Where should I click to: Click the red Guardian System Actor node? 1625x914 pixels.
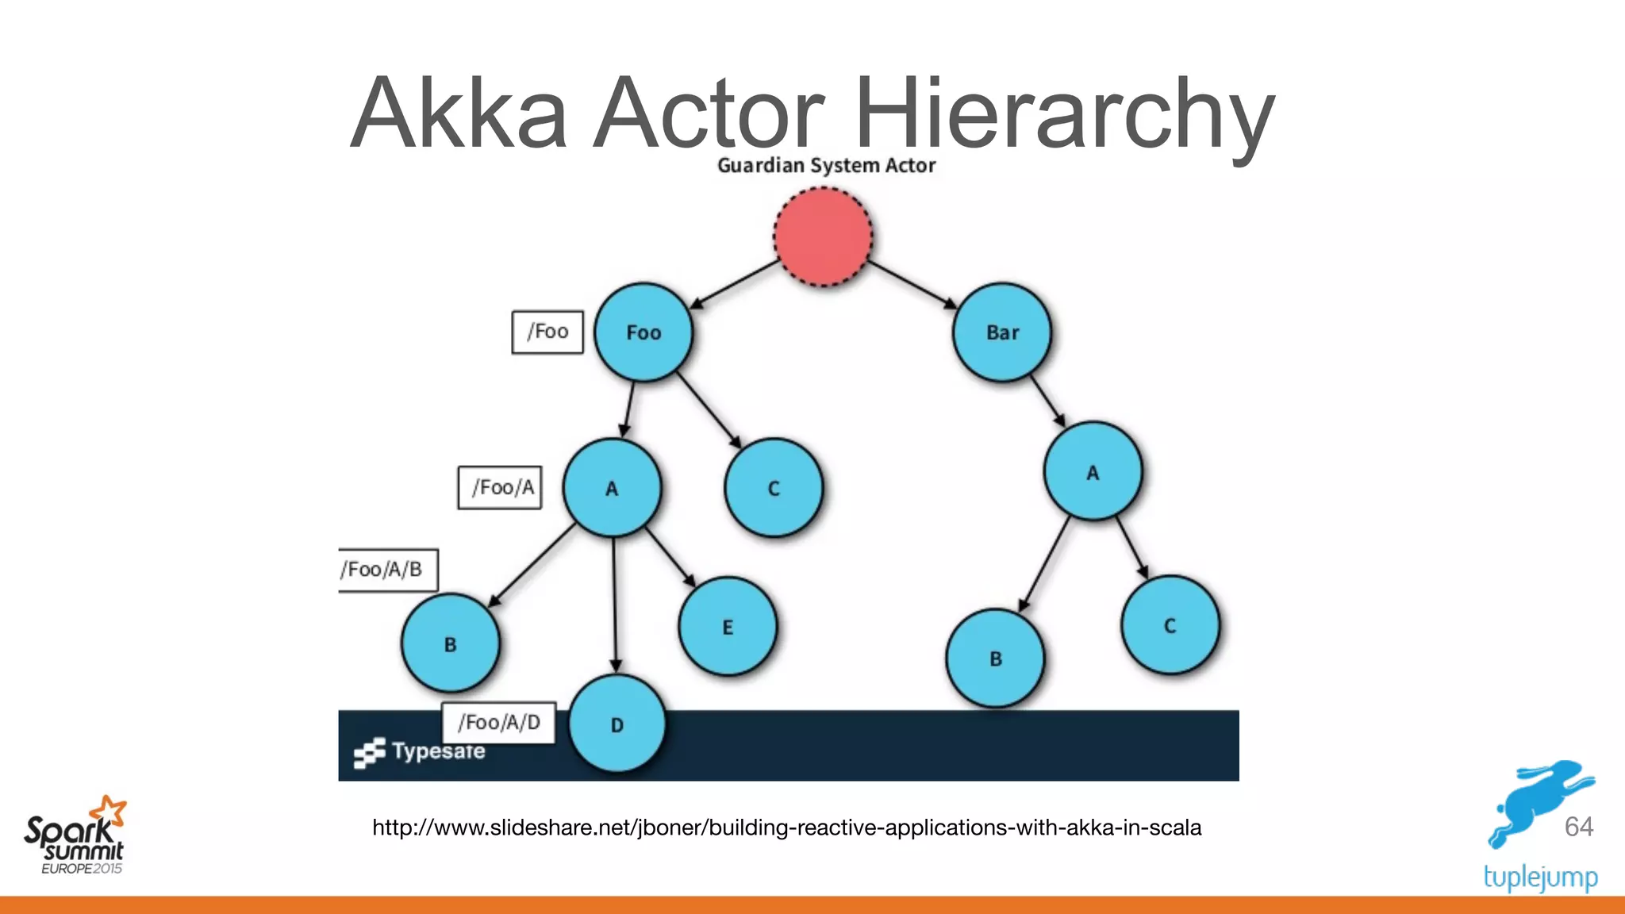point(823,236)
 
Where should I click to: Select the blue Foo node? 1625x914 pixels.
point(643,332)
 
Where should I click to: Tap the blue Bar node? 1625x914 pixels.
point(1002,332)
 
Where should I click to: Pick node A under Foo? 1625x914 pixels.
point(612,488)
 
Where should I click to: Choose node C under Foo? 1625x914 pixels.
point(774,488)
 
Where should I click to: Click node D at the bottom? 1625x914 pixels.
point(617,724)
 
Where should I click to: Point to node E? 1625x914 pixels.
point(728,627)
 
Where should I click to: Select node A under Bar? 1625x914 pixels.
point(1093,472)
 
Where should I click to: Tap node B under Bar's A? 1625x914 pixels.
point(995,659)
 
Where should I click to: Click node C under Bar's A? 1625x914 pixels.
point(1170,625)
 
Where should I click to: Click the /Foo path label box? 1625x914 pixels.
point(547,332)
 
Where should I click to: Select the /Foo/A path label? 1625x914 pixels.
point(500,487)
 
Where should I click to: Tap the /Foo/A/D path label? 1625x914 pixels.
point(498,723)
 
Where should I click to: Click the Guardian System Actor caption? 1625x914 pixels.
point(826,165)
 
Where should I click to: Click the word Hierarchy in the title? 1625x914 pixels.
point(1063,113)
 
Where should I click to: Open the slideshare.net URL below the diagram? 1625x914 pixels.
point(786,828)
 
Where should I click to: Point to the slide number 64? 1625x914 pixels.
point(1578,827)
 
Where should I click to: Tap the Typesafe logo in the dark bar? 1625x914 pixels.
point(420,751)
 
